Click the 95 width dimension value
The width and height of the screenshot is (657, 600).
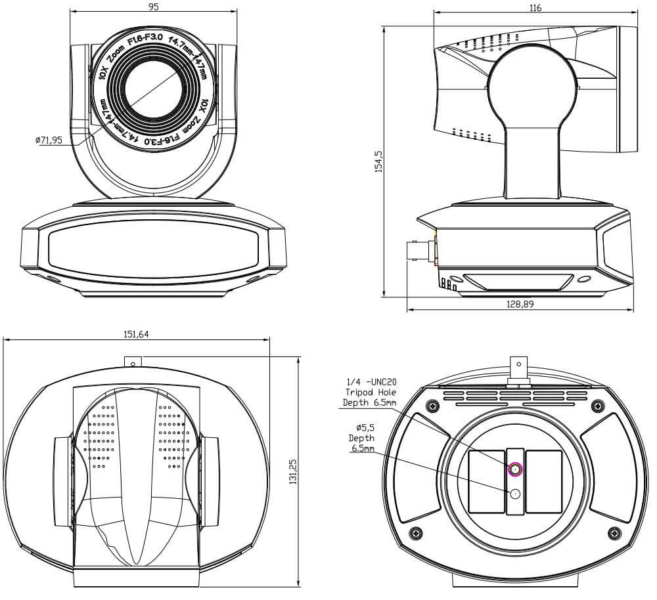coord(154,7)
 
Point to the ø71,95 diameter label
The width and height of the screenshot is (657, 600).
coord(49,140)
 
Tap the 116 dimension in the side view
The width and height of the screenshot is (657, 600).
coord(535,8)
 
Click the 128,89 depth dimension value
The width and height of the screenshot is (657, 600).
coord(520,304)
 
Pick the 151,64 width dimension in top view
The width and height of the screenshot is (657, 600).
coord(136,334)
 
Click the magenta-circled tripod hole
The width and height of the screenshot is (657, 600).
coord(514,469)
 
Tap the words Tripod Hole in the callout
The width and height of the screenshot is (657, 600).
coord(370,393)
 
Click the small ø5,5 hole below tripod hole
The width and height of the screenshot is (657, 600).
coord(514,493)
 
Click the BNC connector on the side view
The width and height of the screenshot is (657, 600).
coord(420,252)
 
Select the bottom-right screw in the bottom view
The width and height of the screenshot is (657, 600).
coord(614,532)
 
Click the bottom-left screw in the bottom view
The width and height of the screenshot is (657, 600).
coord(415,532)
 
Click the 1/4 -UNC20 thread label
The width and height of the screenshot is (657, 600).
coord(371,381)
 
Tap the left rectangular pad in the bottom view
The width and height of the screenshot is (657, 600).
coord(486,481)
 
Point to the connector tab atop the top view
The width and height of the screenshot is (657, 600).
coord(133,361)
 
